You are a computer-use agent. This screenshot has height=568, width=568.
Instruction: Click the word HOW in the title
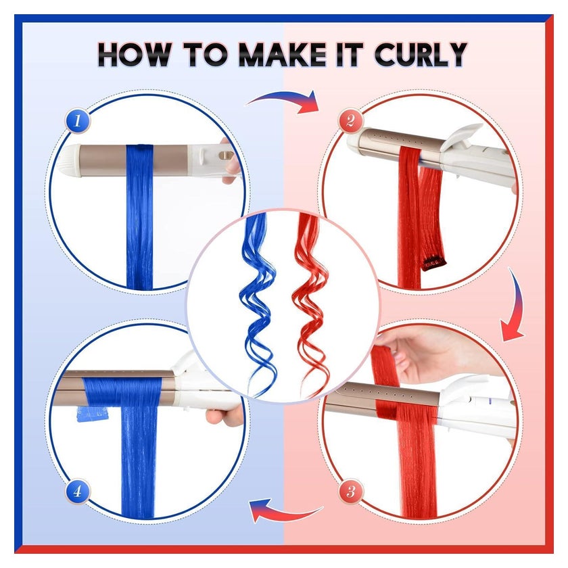[135, 54]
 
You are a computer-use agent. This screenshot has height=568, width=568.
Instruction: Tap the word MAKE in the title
[283, 54]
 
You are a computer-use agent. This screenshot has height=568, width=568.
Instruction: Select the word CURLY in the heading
[421, 54]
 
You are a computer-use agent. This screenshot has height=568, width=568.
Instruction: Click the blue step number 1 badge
[77, 120]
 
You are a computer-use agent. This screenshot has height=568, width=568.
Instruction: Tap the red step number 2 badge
[350, 120]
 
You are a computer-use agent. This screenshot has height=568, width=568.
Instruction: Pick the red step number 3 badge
[351, 491]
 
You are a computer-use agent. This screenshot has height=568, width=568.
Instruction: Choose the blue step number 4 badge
[77, 491]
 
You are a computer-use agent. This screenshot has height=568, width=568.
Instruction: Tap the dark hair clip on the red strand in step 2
[433, 262]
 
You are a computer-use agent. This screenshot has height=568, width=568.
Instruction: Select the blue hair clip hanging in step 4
[93, 414]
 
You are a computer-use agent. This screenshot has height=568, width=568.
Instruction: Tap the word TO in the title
[205, 54]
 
